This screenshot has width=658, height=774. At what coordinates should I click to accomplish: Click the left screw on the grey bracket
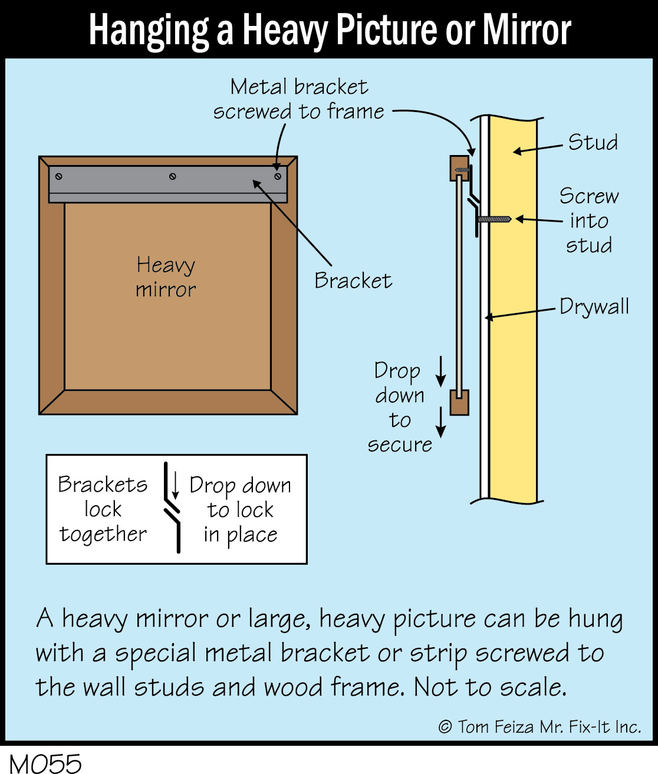coord(59,176)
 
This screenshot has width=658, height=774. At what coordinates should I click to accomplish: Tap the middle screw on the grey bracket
coord(173,176)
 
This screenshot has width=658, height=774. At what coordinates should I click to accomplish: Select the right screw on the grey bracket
coord(278,176)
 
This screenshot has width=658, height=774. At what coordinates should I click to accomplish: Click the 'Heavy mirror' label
coord(166,277)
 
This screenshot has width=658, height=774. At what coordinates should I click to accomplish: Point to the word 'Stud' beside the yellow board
coord(593,143)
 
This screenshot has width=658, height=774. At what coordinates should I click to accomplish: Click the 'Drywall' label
coord(594,307)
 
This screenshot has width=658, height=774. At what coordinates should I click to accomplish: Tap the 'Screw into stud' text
coord(589,220)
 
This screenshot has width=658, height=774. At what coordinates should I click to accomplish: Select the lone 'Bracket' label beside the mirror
coord(353,281)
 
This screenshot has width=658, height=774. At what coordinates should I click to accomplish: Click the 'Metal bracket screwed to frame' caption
coord(299,99)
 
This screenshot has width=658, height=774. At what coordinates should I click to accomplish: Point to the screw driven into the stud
coord(494,219)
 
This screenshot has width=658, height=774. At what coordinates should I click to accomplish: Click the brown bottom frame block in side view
coord(459,402)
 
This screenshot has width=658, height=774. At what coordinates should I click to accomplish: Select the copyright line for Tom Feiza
coord(539,727)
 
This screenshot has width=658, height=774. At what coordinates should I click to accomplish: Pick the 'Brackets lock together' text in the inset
coord(103,509)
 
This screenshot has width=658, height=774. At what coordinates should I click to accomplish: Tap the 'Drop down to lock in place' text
coord(240,509)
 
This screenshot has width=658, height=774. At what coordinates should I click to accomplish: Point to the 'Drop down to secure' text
coord(400,407)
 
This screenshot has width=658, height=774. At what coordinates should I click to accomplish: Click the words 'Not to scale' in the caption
coord(490,687)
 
